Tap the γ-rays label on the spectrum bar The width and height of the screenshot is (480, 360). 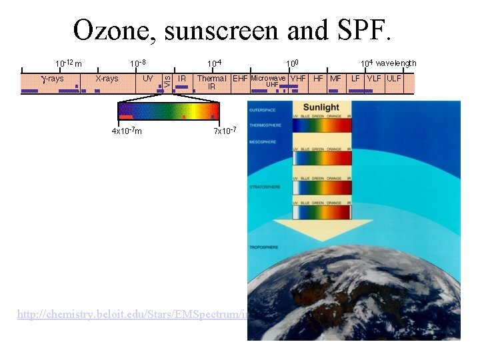pos(53,79)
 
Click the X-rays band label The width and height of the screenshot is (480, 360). pos(107,79)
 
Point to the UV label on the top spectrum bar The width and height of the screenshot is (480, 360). pos(148,79)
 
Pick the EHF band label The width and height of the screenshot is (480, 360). pos(240,79)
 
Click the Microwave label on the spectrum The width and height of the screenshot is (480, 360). pos(268,78)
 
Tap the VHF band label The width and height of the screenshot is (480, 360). pos(298,79)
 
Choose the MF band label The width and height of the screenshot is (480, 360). pos(335,79)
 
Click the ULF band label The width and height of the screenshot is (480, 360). pos(394,79)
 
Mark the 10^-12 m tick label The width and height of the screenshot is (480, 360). pos(69,64)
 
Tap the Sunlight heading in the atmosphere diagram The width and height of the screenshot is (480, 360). pos(321,107)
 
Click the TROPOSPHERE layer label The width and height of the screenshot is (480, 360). pos(263,247)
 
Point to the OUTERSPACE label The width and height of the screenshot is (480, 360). pos(262,109)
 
